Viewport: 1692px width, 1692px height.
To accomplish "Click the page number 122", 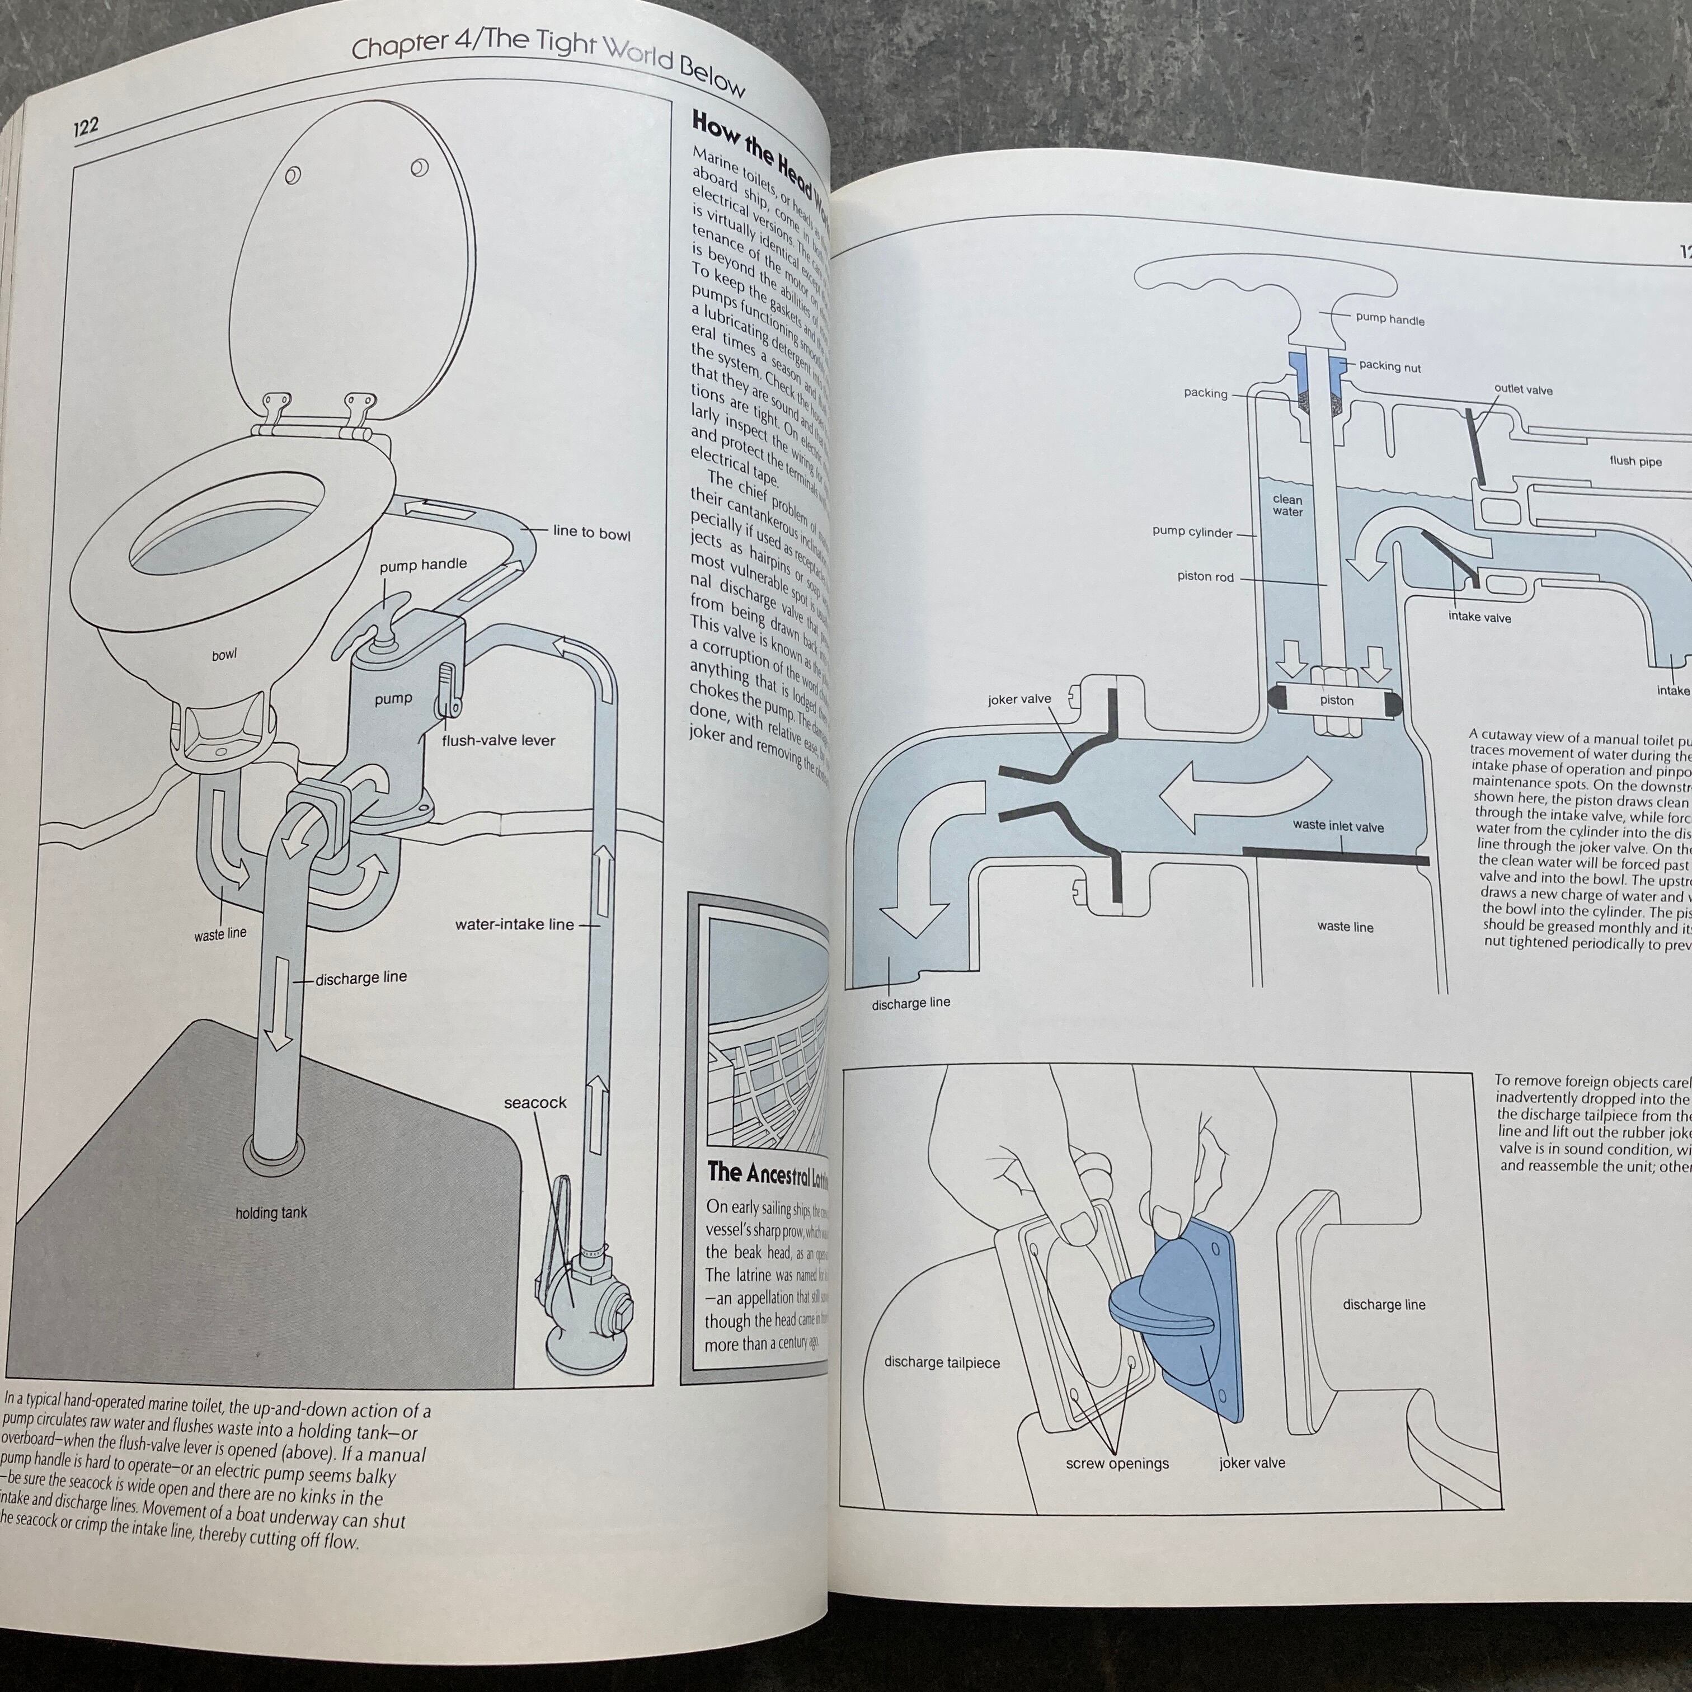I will pyautogui.click(x=86, y=127).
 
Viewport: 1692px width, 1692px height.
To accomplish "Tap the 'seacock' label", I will pyautogui.click(x=534, y=1103).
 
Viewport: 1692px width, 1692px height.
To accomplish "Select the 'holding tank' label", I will pyautogui.click(x=271, y=1213).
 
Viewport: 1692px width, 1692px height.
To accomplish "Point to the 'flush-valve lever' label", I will pyautogui.click(x=499, y=740).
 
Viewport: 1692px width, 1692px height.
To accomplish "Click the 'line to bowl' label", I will pyautogui.click(x=591, y=533).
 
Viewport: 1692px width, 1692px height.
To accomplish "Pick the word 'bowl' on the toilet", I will pyautogui.click(x=224, y=654).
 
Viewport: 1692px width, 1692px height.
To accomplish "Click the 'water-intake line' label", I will pyautogui.click(x=514, y=924).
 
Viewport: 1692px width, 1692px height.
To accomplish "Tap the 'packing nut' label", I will pyautogui.click(x=1390, y=366).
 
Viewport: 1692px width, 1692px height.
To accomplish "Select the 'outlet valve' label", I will pyautogui.click(x=1523, y=390).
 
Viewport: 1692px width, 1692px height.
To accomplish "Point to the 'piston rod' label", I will pyautogui.click(x=1205, y=577).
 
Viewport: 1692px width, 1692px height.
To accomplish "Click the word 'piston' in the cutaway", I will pyautogui.click(x=1337, y=701).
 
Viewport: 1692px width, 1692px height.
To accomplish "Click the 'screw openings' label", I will pyautogui.click(x=1117, y=1463).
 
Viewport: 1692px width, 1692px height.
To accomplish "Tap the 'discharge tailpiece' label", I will pyautogui.click(x=942, y=1362).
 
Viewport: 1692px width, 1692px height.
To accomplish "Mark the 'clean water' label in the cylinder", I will pyautogui.click(x=1287, y=505).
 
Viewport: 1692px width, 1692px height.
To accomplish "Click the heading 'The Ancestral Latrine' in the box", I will pyautogui.click(x=767, y=1173).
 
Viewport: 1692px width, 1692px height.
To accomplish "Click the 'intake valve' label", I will pyautogui.click(x=1479, y=617).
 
